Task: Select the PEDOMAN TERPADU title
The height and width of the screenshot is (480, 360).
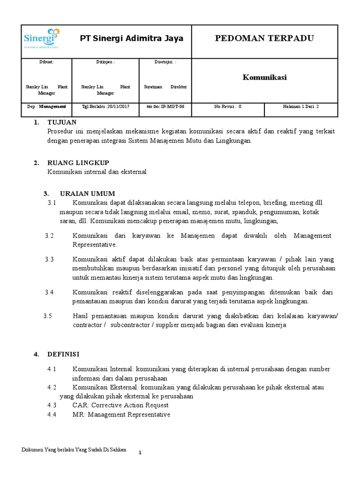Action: pos(264,38)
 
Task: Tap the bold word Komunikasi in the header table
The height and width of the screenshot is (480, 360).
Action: pos(264,77)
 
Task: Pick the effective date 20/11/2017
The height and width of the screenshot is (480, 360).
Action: pos(117,106)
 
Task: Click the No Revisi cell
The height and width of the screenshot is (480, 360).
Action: pos(228,106)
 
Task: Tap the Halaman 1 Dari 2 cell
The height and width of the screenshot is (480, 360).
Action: pos(300,106)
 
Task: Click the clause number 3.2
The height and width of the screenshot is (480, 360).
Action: pos(50,235)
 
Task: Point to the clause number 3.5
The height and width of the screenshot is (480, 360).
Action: pos(47,315)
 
